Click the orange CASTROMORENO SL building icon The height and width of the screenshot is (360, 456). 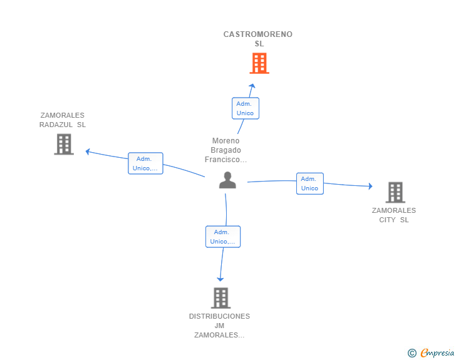(259, 63)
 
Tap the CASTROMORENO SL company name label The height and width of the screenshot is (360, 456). (258, 39)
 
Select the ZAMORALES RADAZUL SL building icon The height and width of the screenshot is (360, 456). (63, 144)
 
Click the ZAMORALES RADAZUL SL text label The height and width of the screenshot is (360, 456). (63, 120)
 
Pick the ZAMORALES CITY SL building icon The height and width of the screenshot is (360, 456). (395, 192)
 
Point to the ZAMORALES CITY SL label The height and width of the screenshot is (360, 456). (394, 215)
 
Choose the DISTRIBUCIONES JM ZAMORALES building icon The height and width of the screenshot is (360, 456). (220, 298)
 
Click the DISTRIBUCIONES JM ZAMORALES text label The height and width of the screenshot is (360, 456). (220, 326)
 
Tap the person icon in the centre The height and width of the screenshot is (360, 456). (227, 180)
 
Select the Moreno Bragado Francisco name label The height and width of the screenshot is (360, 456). (226, 150)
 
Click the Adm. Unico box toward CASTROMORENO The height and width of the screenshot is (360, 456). (245, 108)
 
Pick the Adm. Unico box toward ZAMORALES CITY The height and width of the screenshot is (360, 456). (309, 183)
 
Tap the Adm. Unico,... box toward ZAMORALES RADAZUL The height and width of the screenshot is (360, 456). (145, 163)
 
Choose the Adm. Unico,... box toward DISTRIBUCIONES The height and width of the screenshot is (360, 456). (223, 237)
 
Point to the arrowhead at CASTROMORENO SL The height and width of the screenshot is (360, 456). (252, 86)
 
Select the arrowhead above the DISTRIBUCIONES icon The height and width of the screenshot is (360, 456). (220, 279)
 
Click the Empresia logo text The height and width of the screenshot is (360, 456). (437, 352)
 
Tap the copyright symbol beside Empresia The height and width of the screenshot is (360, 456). (412, 353)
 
